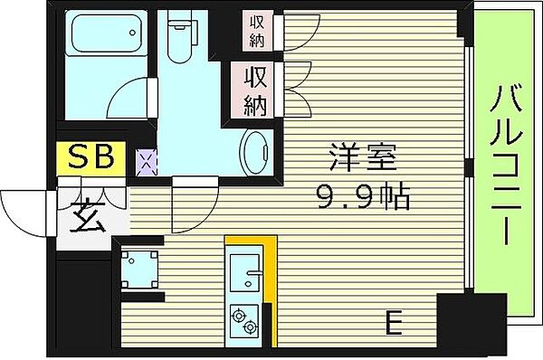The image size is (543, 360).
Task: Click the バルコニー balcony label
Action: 502,166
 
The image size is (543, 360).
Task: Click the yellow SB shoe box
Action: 91,158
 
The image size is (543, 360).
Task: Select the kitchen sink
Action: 245,269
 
